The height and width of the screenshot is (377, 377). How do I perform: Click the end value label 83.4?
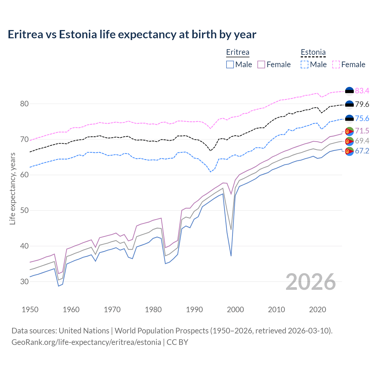tap(362, 91)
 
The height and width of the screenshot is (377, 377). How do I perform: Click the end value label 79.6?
tap(362, 105)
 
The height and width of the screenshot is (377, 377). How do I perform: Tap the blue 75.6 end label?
tap(362, 118)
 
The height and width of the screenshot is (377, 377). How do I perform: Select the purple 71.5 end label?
tap(362, 131)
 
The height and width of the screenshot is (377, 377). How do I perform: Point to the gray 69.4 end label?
tap(362, 141)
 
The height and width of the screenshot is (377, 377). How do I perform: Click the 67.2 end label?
tap(362, 151)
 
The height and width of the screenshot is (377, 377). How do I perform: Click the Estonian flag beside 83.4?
tap(349, 91)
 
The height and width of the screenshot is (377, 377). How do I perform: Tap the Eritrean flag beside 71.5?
tap(349, 131)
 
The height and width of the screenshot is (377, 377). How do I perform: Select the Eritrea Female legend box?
tap(261, 65)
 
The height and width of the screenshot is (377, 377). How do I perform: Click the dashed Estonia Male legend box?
tap(305, 65)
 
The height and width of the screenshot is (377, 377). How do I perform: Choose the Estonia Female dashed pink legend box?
tap(336, 65)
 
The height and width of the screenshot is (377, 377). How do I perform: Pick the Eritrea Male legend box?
tap(230, 65)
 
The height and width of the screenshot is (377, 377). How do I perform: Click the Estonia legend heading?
tap(313, 52)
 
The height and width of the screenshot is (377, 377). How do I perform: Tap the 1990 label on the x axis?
tap(194, 310)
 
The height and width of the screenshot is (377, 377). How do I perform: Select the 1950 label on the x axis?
tap(30, 310)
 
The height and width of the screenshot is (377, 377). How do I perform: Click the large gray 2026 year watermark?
tap(310, 282)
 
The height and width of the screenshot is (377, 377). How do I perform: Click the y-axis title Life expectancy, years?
tap(13, 189)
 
